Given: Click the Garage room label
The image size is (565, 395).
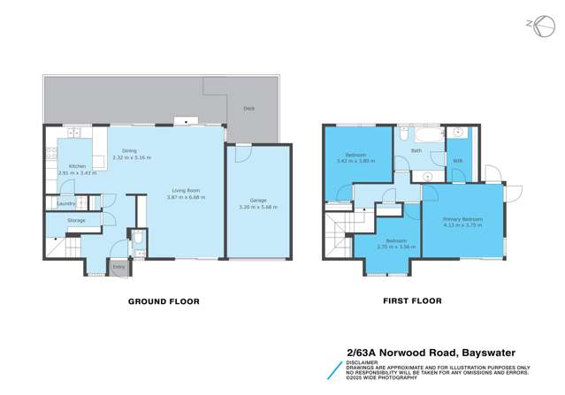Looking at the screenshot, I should pos(258,200).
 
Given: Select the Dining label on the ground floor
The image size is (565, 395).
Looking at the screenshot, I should pos(130,151).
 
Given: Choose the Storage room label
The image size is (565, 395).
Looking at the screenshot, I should pos(76,220).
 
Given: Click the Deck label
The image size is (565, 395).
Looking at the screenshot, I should pos(249,110).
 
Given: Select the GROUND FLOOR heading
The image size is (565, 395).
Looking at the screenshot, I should pos(164,301).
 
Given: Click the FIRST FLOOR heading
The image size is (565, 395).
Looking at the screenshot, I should pos(412,301).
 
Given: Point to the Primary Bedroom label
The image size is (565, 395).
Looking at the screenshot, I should pos(462,218).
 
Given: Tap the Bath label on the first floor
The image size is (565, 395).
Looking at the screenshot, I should pos(416,151).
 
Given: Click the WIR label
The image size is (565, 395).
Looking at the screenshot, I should pos(458,161).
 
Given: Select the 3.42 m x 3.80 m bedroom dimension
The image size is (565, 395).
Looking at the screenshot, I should pos(356,161).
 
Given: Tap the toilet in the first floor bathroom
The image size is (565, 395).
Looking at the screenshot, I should pos(403,133).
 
